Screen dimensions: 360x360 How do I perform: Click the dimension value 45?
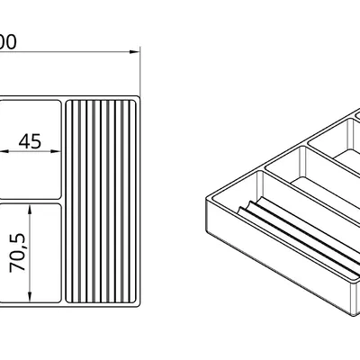tap(30, 141)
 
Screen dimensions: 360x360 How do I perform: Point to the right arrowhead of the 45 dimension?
tap(60, 151)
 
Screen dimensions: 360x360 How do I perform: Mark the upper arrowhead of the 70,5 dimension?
tap(31, 207)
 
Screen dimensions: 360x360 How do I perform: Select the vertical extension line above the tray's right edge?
tap(141, 72)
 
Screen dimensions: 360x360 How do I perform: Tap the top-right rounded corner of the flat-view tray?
tap(139, 96)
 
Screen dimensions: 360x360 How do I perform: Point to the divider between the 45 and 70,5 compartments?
tap(31, 200)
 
